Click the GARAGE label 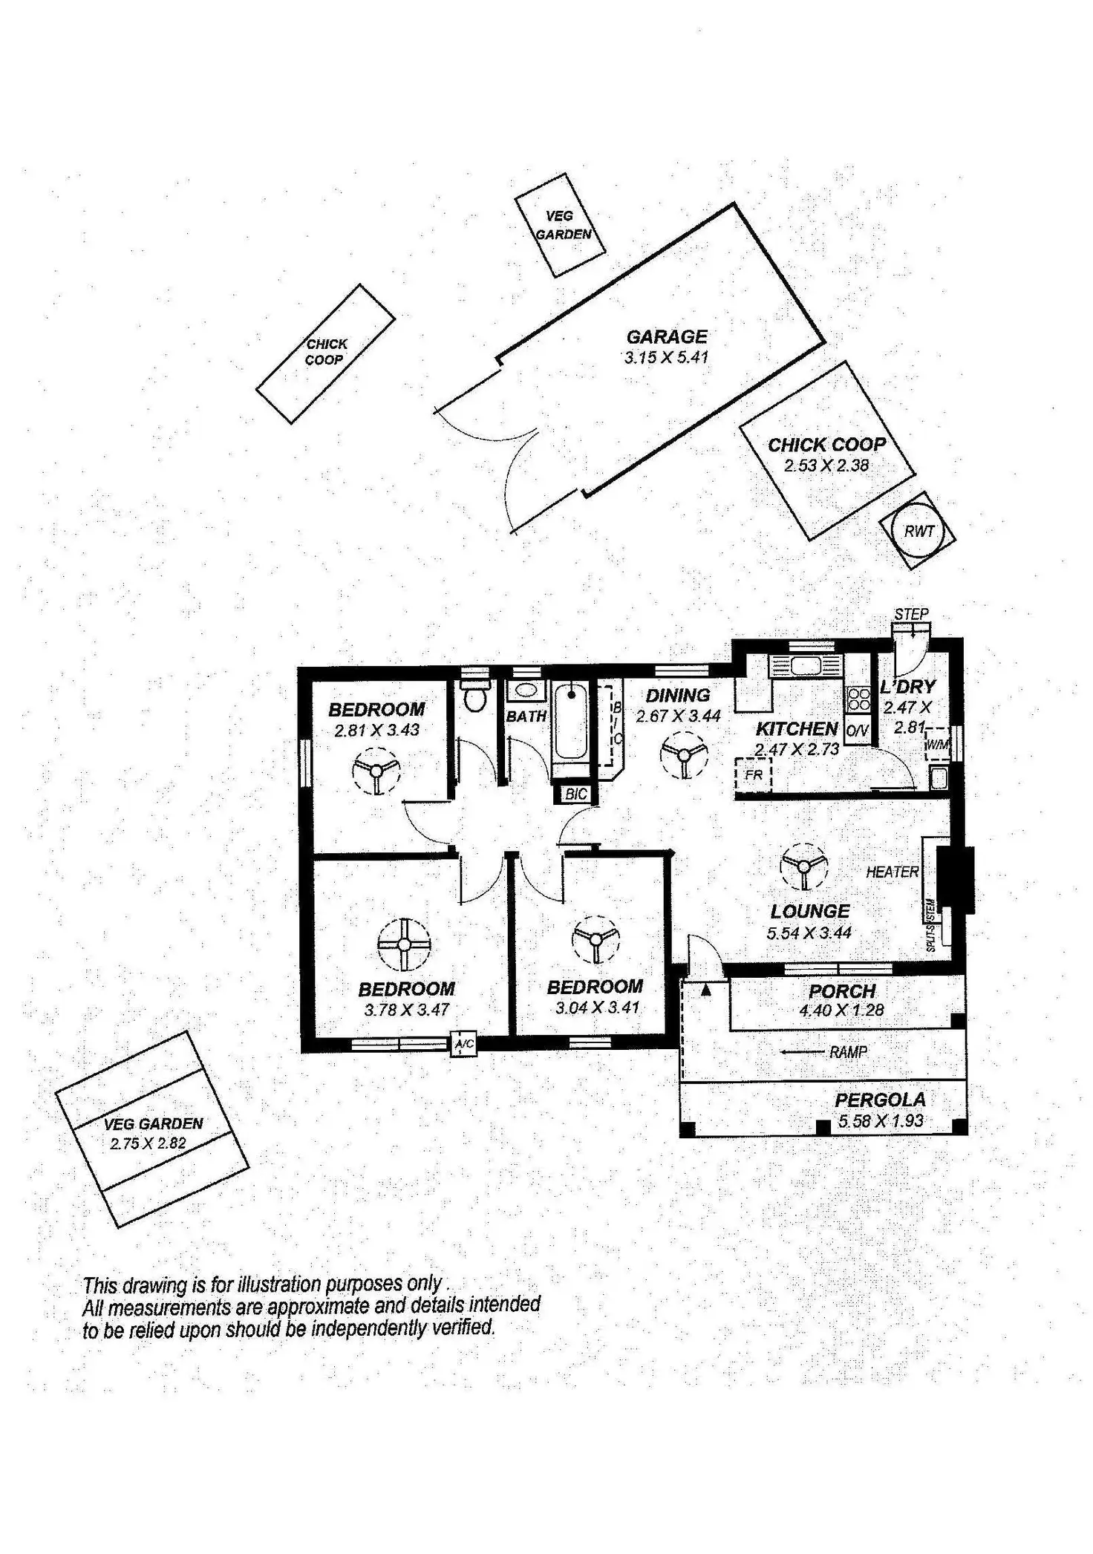(666, 337)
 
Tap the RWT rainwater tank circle (919, 531)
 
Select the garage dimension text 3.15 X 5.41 (666, 357)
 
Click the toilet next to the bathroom (473, 696)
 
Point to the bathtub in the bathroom (570, 722)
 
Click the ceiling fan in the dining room (683, 754)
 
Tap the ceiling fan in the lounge (803, 865)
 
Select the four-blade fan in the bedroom (404, 944)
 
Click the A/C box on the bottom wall (464, 1045)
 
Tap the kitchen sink (804, 665)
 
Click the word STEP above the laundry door (911, 614)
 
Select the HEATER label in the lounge (892, 872)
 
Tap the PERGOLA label (880, 1100)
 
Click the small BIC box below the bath (576, 794)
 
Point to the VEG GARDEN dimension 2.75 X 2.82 (148, 1144)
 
